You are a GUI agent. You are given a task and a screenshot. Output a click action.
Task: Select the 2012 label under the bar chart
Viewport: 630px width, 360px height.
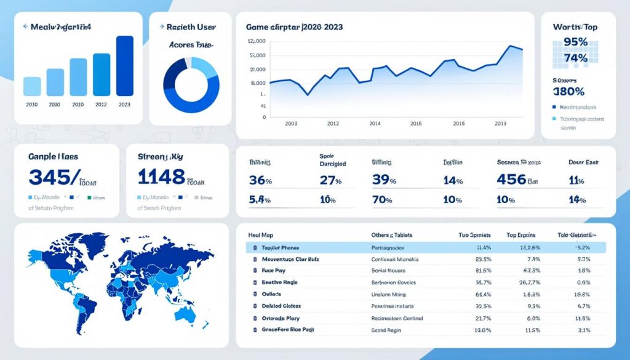(101, 105)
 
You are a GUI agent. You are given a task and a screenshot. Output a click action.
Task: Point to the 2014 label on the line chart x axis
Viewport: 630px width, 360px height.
(374, 123)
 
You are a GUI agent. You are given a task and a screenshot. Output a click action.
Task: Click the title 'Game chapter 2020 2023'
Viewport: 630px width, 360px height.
(294, 28)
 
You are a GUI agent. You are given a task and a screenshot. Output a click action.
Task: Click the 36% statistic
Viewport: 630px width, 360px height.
(260, 180)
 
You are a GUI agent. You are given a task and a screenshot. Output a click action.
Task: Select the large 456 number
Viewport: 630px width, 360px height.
(511, 180)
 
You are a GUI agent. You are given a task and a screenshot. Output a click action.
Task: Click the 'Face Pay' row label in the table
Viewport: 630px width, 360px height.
(274, 270)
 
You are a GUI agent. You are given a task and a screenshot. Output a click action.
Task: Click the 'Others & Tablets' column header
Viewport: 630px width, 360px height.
(392, 235)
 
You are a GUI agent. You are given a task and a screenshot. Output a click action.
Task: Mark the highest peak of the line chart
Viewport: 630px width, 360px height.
(511, 46)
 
